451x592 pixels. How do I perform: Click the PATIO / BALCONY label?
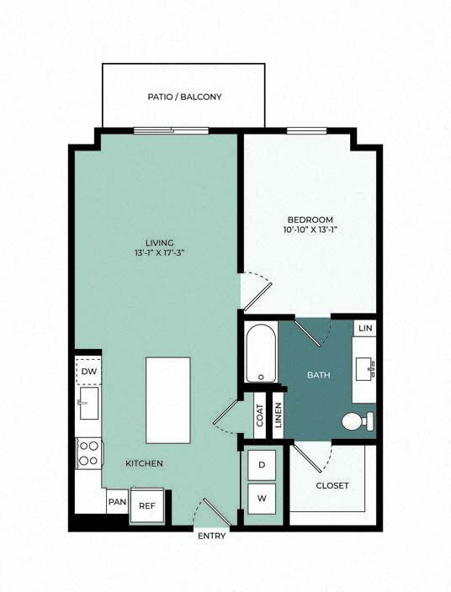184,97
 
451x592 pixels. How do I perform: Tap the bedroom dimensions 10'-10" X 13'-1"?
310,230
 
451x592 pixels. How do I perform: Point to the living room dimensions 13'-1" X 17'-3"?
159,252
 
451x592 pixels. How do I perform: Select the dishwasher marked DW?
88,371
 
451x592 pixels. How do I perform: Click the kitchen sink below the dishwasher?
88,403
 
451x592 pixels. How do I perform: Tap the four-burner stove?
88,453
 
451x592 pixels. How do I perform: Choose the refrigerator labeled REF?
147,505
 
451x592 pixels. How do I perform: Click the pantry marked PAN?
118,502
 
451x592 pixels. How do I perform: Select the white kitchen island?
168,400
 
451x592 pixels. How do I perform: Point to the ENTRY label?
211,536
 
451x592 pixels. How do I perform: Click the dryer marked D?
262,465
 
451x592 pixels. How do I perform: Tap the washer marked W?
262,499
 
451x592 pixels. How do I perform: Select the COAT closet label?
260,415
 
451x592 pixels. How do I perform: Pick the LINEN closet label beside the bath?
279,415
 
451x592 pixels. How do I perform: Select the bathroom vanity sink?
365,369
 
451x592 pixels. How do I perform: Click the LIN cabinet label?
365,329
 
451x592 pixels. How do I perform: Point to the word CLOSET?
332,485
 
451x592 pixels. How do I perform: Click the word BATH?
318,375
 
